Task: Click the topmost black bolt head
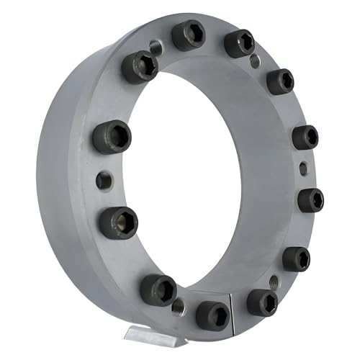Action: point(188,35)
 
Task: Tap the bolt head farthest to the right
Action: point(310,199)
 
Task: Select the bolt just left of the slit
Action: point(213,314)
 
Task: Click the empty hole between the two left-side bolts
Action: point(104,179)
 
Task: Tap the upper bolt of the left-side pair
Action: point(112,137)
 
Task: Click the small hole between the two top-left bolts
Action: point(156,48)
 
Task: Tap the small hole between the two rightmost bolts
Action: point(303,168)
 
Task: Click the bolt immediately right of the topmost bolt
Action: point(239,43)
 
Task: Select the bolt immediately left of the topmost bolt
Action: point(140,67)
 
